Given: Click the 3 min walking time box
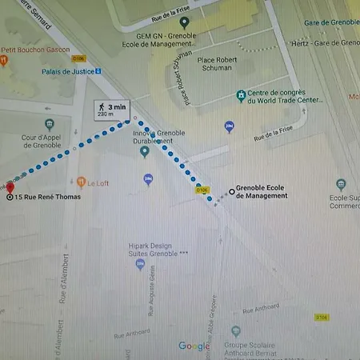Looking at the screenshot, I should [x=110, y=110].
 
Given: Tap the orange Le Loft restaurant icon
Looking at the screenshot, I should [x=80, y=182].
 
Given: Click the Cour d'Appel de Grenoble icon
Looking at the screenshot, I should [x=50, y=125].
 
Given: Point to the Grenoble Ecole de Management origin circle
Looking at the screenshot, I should [x=232, y=191].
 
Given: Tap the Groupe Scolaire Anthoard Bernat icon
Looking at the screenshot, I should [x=236, y=330].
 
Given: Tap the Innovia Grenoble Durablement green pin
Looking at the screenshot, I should [x=145, y=150].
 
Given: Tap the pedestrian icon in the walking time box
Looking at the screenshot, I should [x=101, y=106].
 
